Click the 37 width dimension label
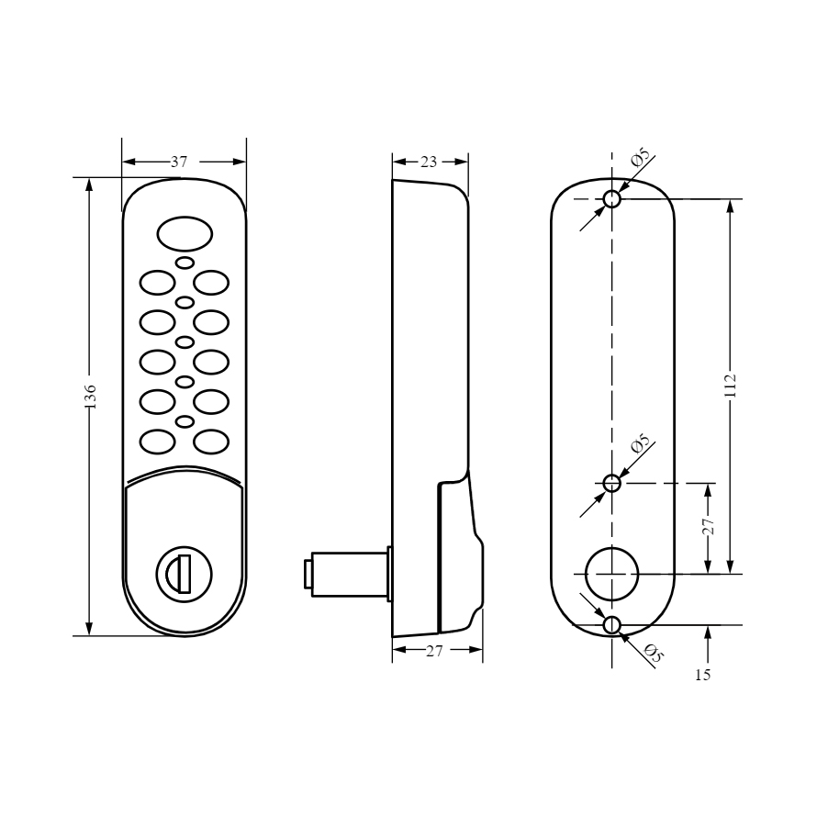(x=179, y=162)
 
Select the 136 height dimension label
(x=90, y=396)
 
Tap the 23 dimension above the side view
(x=429, y=162)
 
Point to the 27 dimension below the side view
(x=433, y=651)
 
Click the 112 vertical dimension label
(x=730, y=386)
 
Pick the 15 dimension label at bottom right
(x=702, y=675)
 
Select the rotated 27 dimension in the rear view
(x=708, y=527)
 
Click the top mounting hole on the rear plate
(x=611, y=198)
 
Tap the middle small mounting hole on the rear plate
(x=611, y=483)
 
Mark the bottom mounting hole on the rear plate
(x=611, y=625)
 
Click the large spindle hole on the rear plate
(x=611, y=574)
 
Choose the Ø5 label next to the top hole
(x=641, y=157)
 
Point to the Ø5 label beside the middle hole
(x=641, y=442)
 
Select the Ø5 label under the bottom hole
(x=653, y=654)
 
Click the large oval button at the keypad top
(x=185, y=234)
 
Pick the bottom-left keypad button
(x=157, y=442)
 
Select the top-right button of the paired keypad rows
(x=211, y=283)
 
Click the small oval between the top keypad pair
(x=185, y=263)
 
